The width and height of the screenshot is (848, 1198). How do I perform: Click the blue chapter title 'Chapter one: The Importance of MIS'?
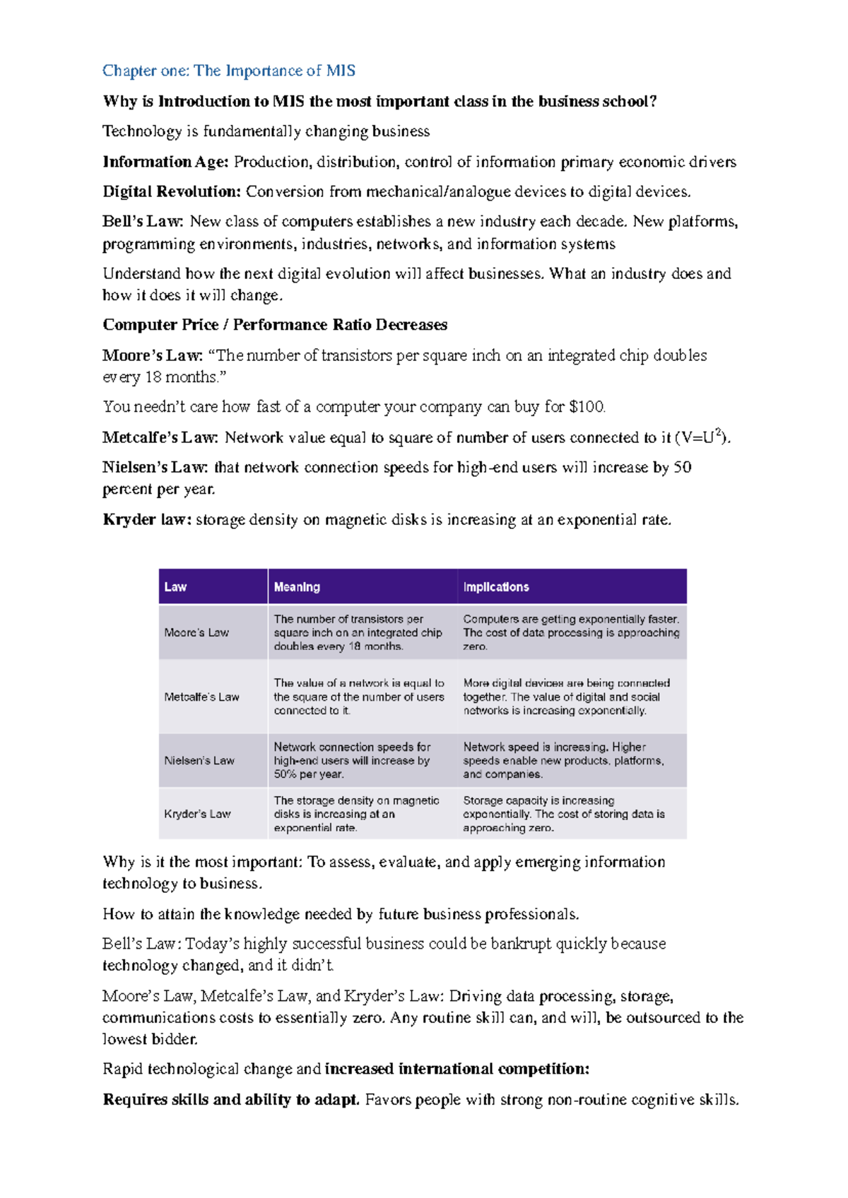point(228,71)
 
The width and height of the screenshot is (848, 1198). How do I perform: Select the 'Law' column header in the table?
point(175,587)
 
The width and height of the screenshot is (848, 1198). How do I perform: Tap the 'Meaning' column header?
point(297,587)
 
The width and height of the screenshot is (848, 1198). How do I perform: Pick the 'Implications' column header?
point(496,587)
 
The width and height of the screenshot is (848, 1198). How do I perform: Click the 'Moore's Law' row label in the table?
point(196,633)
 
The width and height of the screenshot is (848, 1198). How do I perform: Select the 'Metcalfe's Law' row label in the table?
point(201,697)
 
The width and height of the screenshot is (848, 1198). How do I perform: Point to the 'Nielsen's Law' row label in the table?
point(199,761)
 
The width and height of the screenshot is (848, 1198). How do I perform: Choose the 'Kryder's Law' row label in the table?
point(197,814)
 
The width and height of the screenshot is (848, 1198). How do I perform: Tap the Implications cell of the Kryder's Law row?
point(563,814)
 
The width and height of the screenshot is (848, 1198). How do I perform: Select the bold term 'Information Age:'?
point(165,162)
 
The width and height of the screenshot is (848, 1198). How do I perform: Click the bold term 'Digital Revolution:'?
point(172,191)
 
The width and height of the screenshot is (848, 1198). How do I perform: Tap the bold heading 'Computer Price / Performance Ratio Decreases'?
point(275,325)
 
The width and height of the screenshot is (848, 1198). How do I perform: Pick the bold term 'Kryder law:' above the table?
point(147,520)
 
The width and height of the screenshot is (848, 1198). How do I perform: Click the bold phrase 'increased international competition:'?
point(457,1069)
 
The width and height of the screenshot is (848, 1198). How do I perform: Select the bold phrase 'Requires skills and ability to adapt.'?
point(231,1100)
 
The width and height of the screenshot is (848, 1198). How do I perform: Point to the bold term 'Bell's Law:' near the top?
point(143,221)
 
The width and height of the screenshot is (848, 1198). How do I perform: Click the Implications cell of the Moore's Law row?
point(570,633)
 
